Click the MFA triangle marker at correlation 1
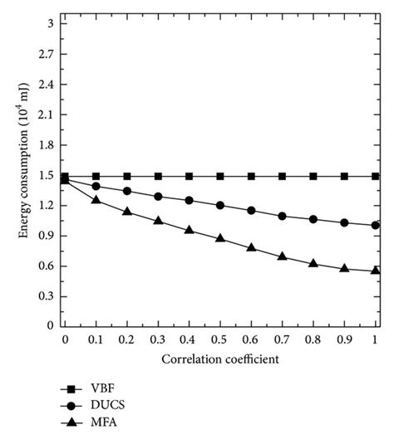375,271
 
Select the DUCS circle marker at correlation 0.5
220,205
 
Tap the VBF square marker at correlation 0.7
282,176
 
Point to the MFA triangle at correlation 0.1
96,200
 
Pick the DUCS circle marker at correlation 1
375,225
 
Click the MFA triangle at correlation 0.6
251,247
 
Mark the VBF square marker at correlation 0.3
158,176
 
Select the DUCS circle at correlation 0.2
127,191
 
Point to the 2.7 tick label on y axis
47,55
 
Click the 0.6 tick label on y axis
47,266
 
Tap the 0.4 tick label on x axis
189,339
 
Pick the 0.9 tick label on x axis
343,339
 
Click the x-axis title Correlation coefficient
219,359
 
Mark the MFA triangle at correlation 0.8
313,263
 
